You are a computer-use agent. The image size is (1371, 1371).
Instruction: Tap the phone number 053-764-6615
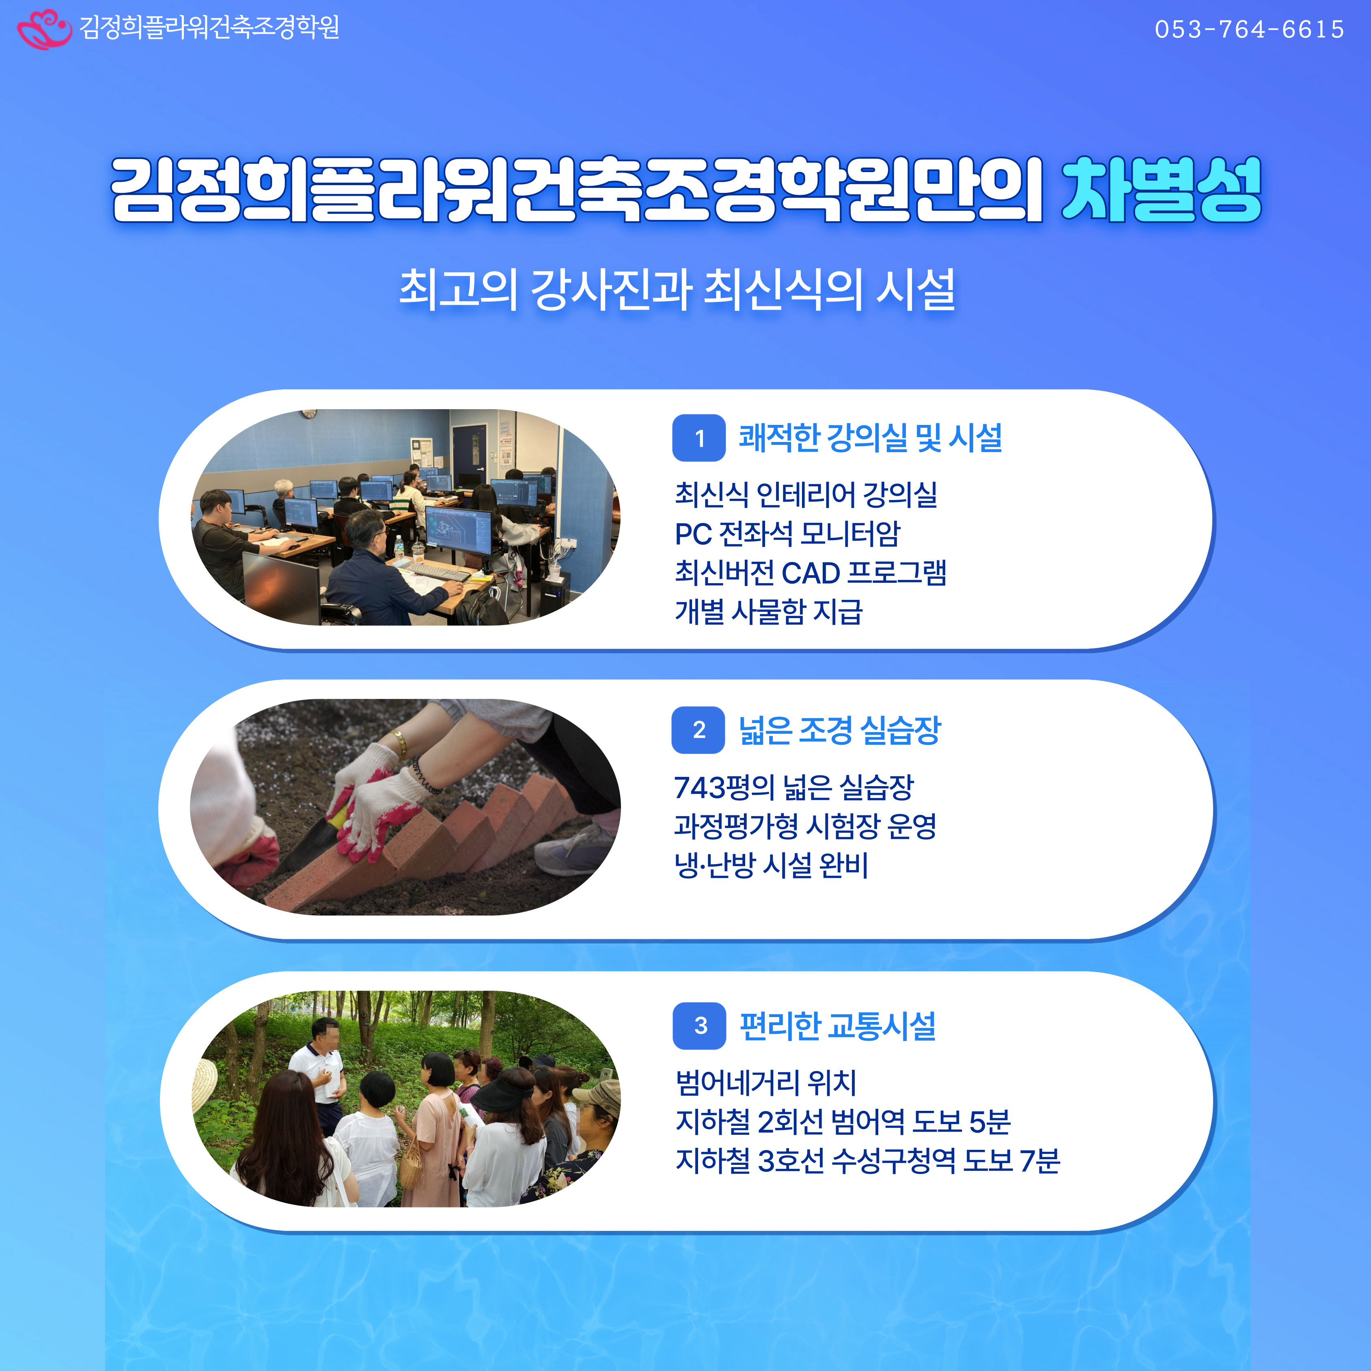pos(1249,29)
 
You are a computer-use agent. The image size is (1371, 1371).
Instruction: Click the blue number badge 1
pos(699,438)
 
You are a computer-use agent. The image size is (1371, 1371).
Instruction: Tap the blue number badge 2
pos(698,729)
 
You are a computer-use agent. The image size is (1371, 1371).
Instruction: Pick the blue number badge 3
pos(700,1026)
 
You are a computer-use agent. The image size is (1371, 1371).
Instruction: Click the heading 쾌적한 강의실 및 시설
pos(870,437)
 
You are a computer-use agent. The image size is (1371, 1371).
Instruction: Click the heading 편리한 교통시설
pos(837,1026)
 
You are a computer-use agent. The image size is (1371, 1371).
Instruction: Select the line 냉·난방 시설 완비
pos(772,865)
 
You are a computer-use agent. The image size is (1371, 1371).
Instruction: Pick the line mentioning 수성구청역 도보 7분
pos(867,1161)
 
